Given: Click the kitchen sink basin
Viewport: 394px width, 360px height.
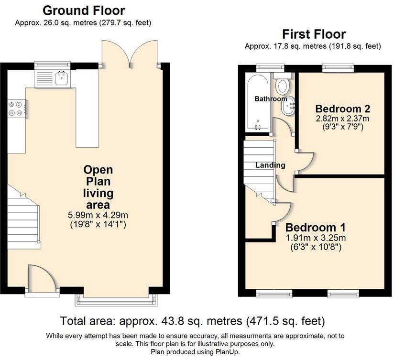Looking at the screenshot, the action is pyautogui.click(x=61, y=78).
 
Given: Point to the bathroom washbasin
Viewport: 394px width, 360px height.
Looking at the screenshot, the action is pyautogui.click(x=288, y=106).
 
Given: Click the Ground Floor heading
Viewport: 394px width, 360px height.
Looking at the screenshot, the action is pyautogui.click(x=84, y=11).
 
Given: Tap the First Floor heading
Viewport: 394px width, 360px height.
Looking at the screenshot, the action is pyautogui.click(x=314, y=34).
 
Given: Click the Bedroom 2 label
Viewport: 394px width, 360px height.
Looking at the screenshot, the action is pyautogui.click(x=342, y=109).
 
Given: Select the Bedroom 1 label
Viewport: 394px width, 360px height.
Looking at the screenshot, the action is pyautogui.click(x=316, y=228).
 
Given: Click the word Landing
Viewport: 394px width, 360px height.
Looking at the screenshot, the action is pyautogui.click(x=270, y=165).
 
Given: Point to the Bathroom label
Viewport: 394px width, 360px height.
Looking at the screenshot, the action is pyautogui.click(x=271, y=99).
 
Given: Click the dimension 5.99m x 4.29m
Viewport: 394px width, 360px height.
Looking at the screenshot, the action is pyautogui.click(x=98, y=215).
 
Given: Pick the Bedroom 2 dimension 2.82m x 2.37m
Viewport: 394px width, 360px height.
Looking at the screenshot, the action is pyautogui.click(x=342, y=118).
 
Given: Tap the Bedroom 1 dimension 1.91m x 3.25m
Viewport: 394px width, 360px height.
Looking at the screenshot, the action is pyautogui.click(x=316, y=238).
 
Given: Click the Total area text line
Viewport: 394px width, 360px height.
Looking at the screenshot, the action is pyautogui.click(x=193, y=321).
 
